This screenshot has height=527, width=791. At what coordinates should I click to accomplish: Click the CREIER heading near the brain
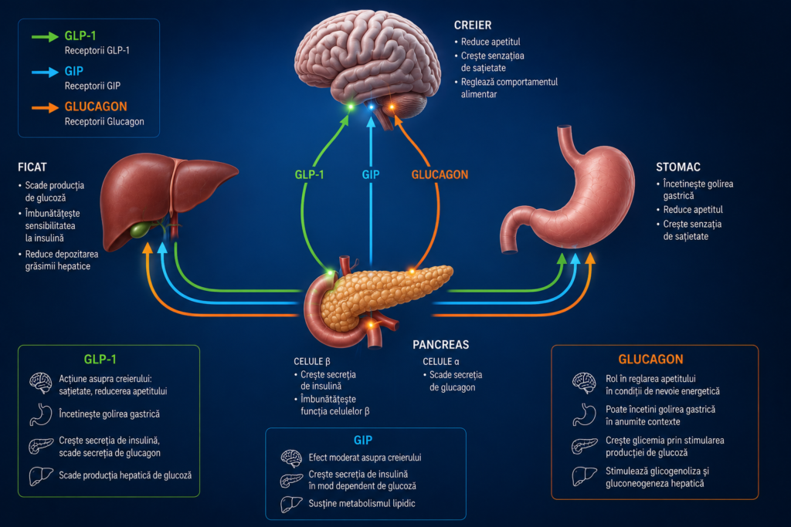click(472, 25)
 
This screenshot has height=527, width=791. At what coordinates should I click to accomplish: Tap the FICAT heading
click(32, 167)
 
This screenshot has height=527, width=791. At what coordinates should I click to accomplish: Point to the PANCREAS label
click(441, 345)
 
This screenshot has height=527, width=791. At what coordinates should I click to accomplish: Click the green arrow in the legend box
click(45, 37)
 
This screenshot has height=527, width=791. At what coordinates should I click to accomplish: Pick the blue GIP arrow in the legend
click(45, 72)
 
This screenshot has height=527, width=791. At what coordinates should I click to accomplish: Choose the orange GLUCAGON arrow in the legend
click(45, 108)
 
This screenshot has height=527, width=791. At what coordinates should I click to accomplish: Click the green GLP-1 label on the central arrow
click(309, 175)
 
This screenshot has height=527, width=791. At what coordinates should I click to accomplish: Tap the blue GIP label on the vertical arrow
click(371, 175)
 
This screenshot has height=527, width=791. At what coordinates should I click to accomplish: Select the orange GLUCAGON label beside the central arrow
click(440, 175)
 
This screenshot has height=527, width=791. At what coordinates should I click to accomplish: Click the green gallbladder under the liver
click(141, 230)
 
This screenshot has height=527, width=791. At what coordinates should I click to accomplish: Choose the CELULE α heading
click(441, 361)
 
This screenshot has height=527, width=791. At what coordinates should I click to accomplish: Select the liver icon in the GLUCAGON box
click(584, 476)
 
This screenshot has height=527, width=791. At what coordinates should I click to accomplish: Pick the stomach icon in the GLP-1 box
click(40, 414)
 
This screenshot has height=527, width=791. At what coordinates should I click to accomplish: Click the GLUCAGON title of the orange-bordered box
click(650, 360)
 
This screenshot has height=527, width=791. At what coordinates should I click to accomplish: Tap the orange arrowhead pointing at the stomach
click(589, 258)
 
